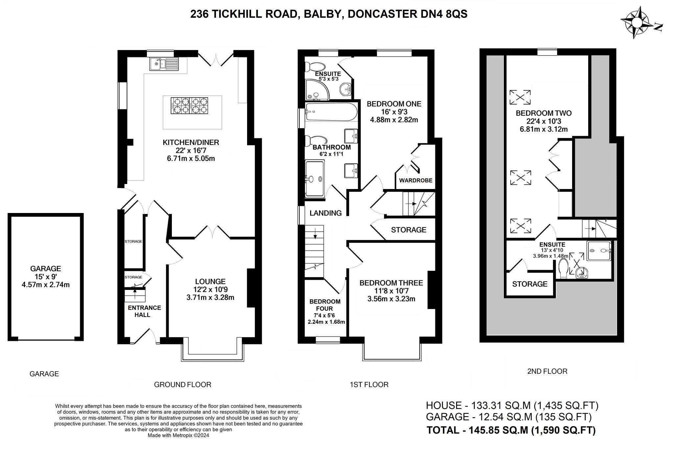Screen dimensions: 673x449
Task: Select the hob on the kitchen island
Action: click(x=189, y=106)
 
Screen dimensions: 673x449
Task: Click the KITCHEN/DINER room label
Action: click(x=191, y=142)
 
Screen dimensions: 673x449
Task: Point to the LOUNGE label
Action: click(x=210, y=281)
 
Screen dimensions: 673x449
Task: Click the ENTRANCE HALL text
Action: click(x=144, y=311)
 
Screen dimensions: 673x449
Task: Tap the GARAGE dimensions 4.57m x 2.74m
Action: click(x=46, y=285)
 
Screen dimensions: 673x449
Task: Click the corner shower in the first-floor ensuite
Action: click(x=317, y=90)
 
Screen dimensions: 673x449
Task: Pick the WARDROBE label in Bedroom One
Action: click(x=416, y=180)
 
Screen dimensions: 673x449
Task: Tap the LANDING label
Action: click(x=326, y=213)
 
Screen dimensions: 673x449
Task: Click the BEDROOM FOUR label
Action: click(x=325, y=305)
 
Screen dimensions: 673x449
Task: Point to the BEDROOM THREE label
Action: click(x=391, y=283)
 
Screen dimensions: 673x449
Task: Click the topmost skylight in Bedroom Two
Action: click(x=520, y=97)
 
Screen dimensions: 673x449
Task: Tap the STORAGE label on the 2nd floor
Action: click(x=530, y=284)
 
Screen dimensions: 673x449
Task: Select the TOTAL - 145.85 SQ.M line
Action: click(x=511, y=430)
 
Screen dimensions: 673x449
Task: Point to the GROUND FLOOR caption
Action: click(x=183, y=385)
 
